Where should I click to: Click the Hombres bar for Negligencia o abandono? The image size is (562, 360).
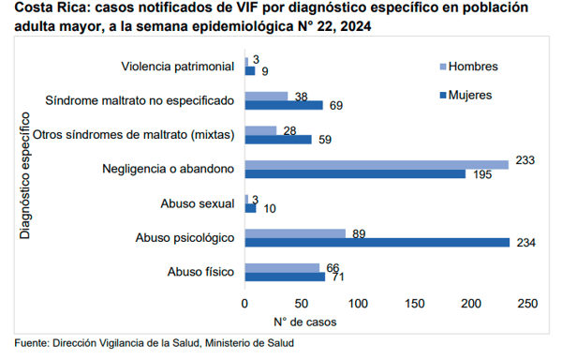pyautogui.click(x=377, y=165)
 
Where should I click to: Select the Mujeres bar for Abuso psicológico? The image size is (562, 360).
pyautogui.click(x=377, y=243)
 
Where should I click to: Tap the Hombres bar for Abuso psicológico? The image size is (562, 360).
pyautogui.click(x=295, y=233)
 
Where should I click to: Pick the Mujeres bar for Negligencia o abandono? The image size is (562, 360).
pyautogui.click(x=355, y=173)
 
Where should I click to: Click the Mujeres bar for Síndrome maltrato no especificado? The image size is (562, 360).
pyautogui.click(x=284, y=105)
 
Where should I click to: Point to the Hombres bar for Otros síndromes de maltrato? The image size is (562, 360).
pyautogui.click(x=261, y=131)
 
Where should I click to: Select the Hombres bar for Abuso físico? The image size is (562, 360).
pyautogui.click(x=283, y=268)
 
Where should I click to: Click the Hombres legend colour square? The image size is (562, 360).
pyautogui.click(x=443, y=67)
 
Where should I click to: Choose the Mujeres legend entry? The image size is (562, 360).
pyautogui.click(x=466, y=95)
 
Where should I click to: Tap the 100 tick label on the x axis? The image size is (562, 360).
pyautogui.click(x=358, y=304)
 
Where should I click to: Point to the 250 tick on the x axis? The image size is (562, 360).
pyautogui.click(x=527, y=304)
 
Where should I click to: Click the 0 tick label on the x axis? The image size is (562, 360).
pyautogui.click(x=244, y=304)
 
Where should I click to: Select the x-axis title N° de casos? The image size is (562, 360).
pyautogui.click(x=305, y=322)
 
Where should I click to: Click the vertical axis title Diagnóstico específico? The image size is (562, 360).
pyautogui.click(x=24, y=175)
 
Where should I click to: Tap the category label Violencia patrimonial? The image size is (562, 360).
pyautogui.click(x=178, y=67)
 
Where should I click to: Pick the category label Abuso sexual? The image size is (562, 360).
pyautogui.click(x=198, y=203)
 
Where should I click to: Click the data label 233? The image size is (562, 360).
pyautogui.click(x=525, y=160)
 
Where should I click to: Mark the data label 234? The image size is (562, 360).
pyautogui.click(x=525, y=243)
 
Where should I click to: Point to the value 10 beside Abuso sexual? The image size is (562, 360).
pyautogui.click(x=270, y=209)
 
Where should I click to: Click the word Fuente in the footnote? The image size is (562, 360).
pyautogui.click(x=31, y=343)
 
